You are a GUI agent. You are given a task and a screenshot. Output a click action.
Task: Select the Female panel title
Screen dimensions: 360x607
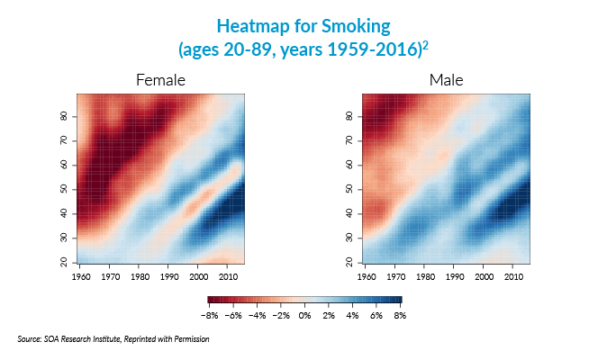160,81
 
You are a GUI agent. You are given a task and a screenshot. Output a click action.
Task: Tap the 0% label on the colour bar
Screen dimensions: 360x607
304,316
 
